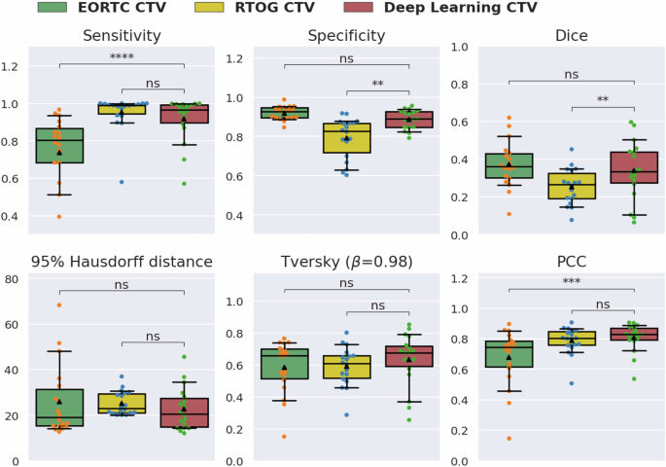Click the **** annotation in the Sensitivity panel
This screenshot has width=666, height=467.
(122, 58)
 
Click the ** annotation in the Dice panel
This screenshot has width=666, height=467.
(602, 99)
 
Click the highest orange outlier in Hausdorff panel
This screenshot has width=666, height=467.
(59, 305)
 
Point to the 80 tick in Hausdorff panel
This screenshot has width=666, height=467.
(16, 280)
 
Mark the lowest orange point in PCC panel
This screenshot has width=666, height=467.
(507, 439)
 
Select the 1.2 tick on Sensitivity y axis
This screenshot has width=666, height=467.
(14, 66)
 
